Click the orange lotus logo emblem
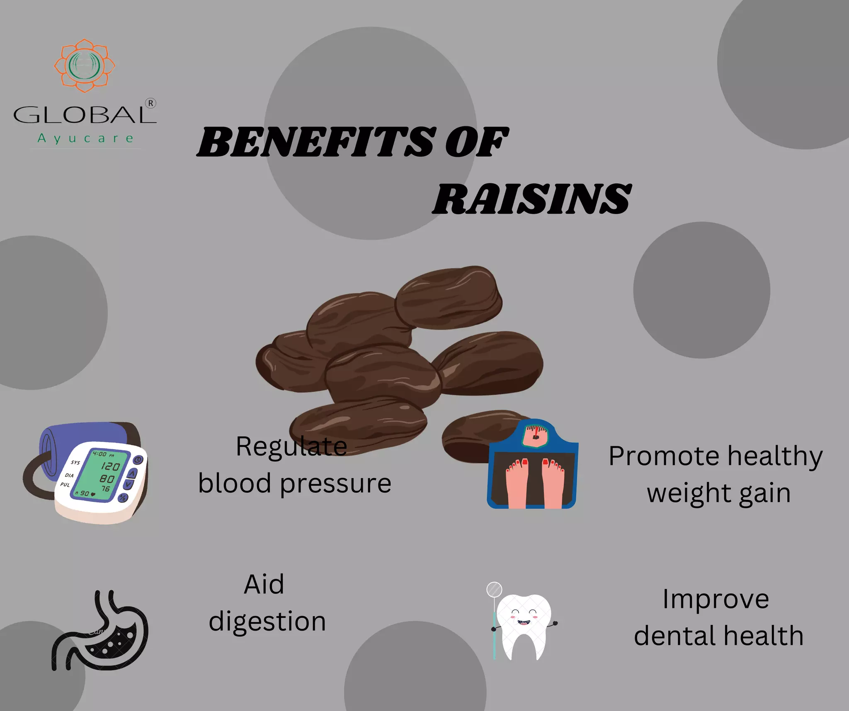pyautogui.click(x=85, y=65)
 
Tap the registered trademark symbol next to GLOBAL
pyautogui.click(x=150, y=104)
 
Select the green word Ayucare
pyautogui.click(x=86, y=138)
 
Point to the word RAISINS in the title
pyautogui.click(x=532, y=199)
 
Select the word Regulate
pyautogui.click(x=291, y=447)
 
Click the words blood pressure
pyautogui.click(x=295, y=484)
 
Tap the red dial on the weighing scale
pyautogui.click(x=535, y=435)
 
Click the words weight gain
pyautogui.click(x=719, y=494)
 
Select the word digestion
pyautogui.click(x=267, y=622)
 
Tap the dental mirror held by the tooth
pyautogui.click(x=494, y=590)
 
